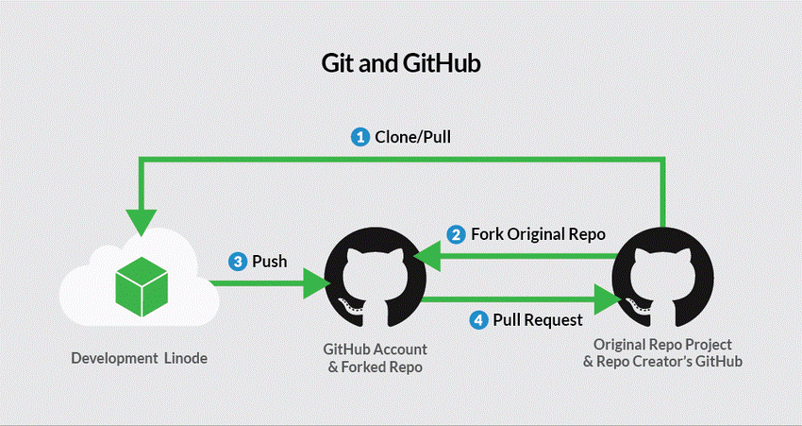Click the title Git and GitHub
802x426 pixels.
coord(401,63)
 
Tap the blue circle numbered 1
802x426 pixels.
coord(359,137)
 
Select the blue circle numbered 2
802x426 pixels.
coord(456,233)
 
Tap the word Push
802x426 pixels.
coord(270,261)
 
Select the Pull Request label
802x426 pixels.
coord(538,319)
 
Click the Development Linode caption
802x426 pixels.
coord(140,358)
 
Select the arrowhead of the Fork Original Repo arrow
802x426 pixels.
coord(427,255)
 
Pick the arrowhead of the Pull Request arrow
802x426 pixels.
coord(608,298)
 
